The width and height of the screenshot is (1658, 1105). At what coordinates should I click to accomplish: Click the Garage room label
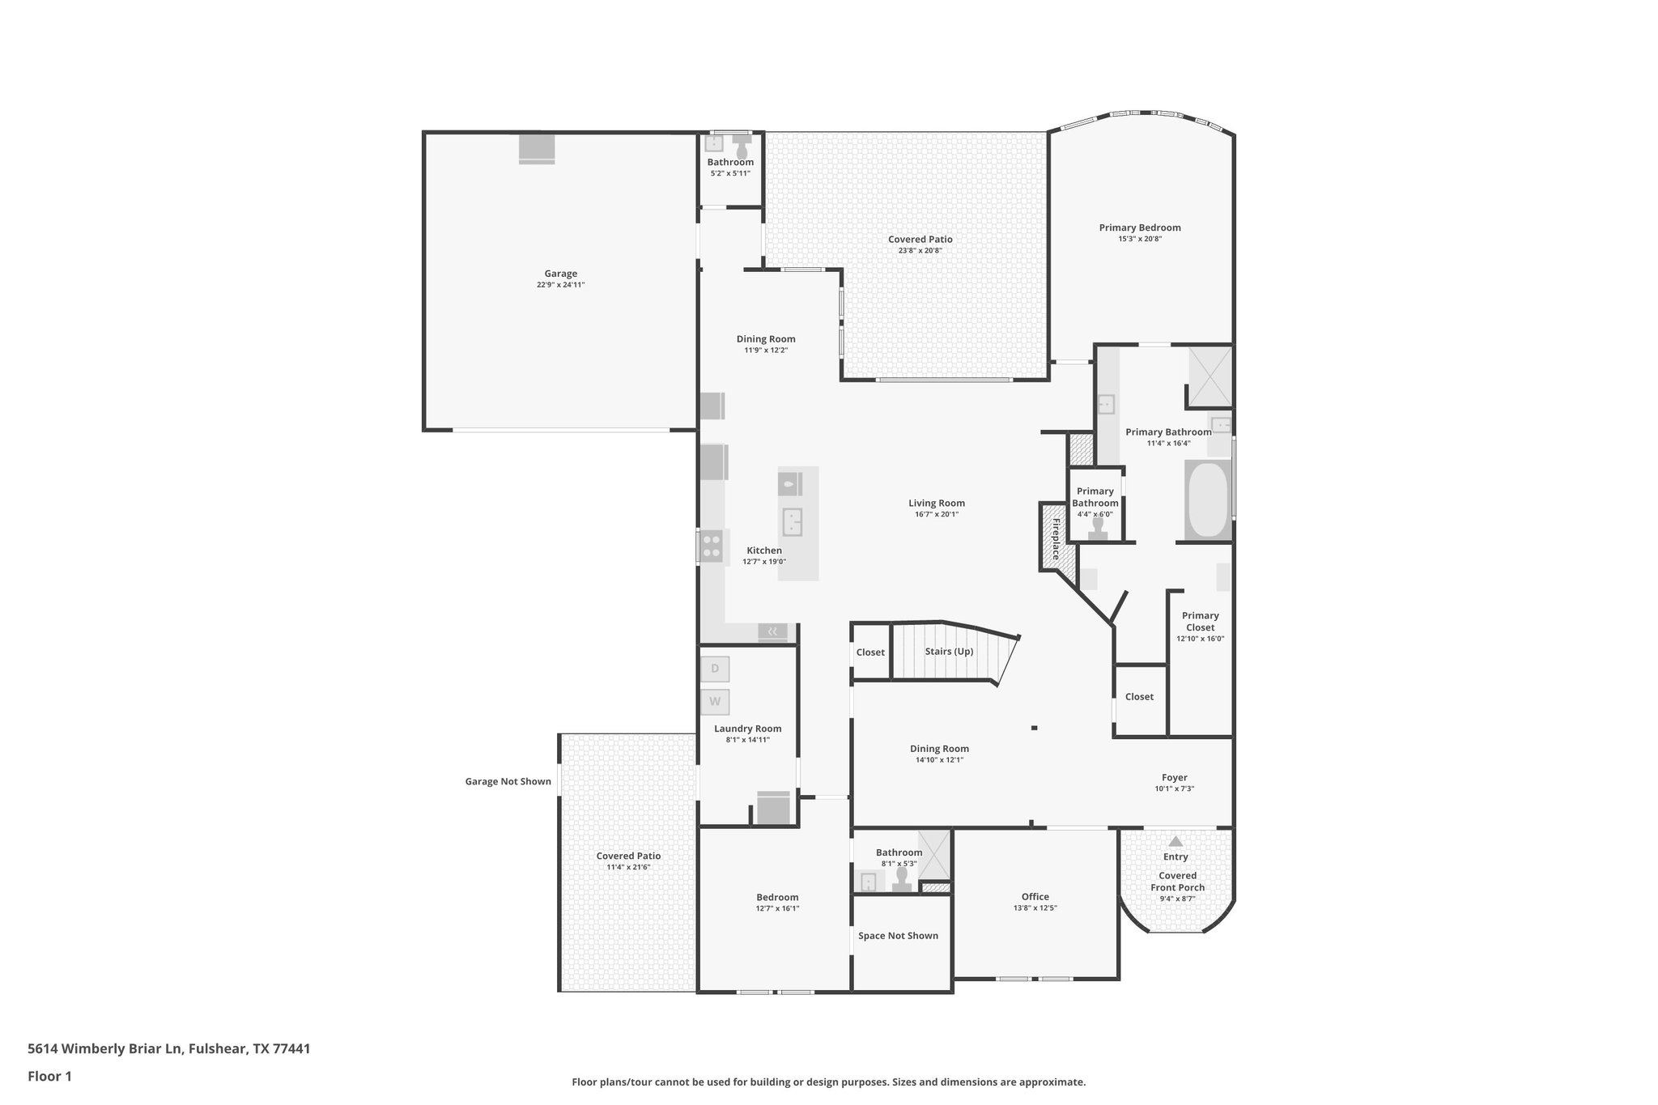[560, 274]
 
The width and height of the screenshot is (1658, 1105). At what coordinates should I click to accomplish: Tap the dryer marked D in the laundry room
[715, 669]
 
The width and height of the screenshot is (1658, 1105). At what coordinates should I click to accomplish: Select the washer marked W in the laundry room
[715, 701]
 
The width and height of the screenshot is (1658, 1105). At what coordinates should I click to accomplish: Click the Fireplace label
[1056, 538]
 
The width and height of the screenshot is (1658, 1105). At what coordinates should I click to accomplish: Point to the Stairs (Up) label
[949, 652]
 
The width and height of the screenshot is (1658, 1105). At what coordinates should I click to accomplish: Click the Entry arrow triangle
[1175, 842]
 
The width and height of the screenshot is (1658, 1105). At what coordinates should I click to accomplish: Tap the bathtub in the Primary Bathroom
[1207, 499]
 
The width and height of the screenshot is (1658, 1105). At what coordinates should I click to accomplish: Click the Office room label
[1035, 896]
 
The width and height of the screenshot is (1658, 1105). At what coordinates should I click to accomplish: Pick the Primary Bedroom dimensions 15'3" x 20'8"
[1140, 239]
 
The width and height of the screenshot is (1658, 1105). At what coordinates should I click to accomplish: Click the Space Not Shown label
[898, 936]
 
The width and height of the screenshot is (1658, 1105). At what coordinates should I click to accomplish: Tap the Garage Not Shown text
[508, 782]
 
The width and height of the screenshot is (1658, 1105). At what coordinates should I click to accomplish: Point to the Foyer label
[1174, 777]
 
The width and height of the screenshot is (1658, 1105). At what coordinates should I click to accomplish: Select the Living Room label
[936, 503]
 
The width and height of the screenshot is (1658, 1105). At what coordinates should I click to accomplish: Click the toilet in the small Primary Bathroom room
[1098, 528]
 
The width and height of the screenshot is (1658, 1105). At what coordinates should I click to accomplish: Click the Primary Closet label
[1200, 621]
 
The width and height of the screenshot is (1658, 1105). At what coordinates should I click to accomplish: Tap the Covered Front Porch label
[1177, 882]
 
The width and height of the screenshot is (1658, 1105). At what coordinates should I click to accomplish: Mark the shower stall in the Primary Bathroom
[1210, 376]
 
